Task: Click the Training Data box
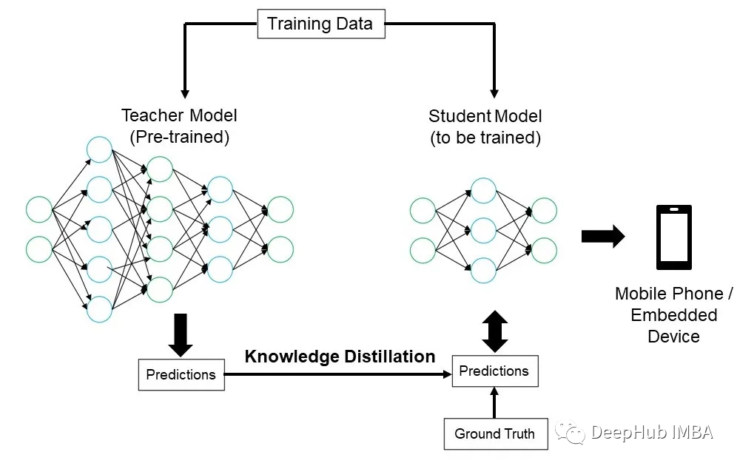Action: point(321,24)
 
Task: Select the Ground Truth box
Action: point(496,433)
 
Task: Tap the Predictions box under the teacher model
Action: point(181,375)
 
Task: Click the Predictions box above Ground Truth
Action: point(495,371)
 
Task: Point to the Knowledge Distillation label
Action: point(340,357)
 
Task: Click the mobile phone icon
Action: point(674,237)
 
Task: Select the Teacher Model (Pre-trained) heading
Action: point(179,126)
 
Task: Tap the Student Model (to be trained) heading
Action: point(485,126)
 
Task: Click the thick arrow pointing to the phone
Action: point(603,236)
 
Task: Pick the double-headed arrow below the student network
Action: point(495,331)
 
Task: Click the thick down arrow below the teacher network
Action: point(181,335)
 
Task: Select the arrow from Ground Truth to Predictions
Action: point(494,402)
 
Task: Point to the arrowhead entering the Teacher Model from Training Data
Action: point(185,93)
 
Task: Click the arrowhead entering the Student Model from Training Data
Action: point(494,93)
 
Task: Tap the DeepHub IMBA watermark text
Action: point(652,432)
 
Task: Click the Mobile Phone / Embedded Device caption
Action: point(673,315)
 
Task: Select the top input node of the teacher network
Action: point(39,209)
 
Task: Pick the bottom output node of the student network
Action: point(544,250)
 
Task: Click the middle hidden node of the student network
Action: point(483,231)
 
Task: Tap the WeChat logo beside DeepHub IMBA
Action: point(570,432)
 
